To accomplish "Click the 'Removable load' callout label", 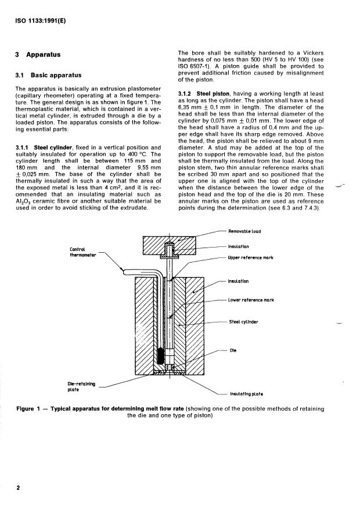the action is (x=244, y=231).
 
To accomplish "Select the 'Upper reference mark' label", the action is (x=250, y=258).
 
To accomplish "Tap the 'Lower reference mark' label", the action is (x=251, y=300).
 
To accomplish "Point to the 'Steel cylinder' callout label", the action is (x=243, y=322).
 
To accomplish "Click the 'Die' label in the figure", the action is (x=233, y=350).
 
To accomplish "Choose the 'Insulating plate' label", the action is (x=247, y=394).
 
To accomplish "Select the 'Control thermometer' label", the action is (x=83, y=252).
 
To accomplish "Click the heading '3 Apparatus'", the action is (x=38, y=55).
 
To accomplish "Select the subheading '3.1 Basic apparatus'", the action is (x=48, y=75).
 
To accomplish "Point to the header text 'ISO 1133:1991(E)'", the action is (x=41, y=21).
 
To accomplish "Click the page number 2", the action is (x=18, y=488).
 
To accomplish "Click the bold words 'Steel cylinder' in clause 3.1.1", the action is (x=53, y=148).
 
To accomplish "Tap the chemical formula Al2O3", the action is (x=23, y=202).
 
